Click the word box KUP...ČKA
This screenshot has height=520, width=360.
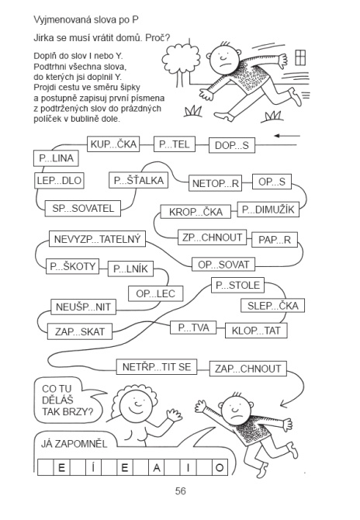click(113, 144)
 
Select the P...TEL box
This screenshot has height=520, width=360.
click(174, 144)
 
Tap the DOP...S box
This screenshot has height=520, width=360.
click(232, 145)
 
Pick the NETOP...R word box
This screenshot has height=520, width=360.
click(215, 183)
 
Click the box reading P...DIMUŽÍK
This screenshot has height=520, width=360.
click(268, 210)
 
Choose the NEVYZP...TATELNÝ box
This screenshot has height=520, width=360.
click(97, 239)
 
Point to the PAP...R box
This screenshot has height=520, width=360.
click(274, 240)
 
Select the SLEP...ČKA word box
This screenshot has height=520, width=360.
click(272, 306)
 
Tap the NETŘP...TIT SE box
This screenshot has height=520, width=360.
click(157, 367)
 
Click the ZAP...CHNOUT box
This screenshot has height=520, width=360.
click(248, 368)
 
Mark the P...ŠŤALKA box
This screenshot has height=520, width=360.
click(139, 180)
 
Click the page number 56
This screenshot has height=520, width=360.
click(180, 491)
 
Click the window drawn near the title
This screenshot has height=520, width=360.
click(300, 57)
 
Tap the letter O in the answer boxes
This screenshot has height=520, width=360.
click(220, 467)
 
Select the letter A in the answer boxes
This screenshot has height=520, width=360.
click(157, 467)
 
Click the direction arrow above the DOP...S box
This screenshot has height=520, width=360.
click(287, 136)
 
